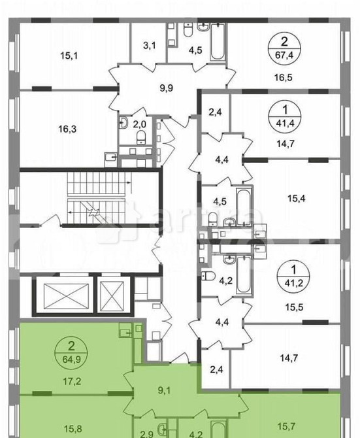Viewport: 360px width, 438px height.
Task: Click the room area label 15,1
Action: coord(69,56)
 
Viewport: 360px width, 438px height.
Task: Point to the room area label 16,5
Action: coord(286,76)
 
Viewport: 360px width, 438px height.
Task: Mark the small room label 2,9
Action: coord(147,432)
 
